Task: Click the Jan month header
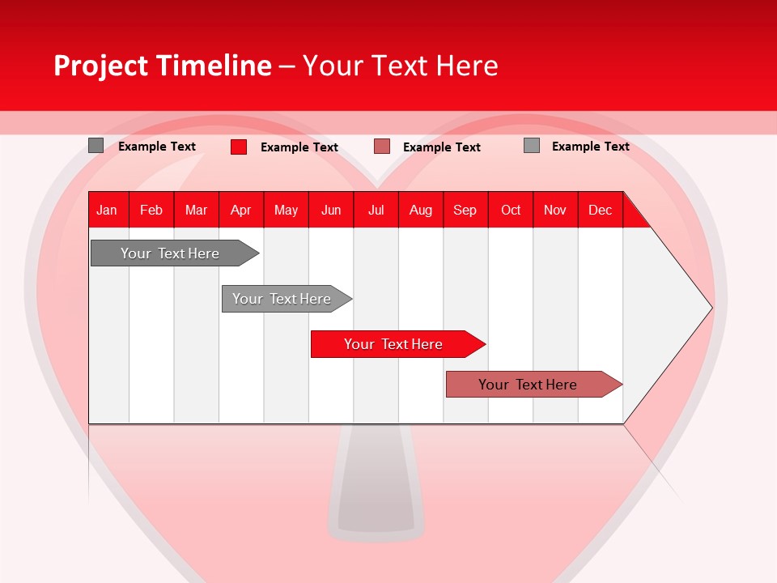pos(107,210)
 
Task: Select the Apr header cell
pos(241,210)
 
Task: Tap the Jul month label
pos(376,210)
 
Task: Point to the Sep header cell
pos(465,210)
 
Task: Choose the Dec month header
pos(600,210)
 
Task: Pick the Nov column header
pos(554,210)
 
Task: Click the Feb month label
pos(151,210)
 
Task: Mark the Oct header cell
pos(511,210)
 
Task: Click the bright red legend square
pos(239,147)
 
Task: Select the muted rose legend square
pos(382,147)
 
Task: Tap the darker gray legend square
pos(96,146)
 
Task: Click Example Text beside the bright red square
pos(299,147)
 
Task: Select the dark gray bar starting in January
pos(170,253)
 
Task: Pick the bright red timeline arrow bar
pos(394,344)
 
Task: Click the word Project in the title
pos(100,66)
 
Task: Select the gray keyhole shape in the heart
pos(376,486)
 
